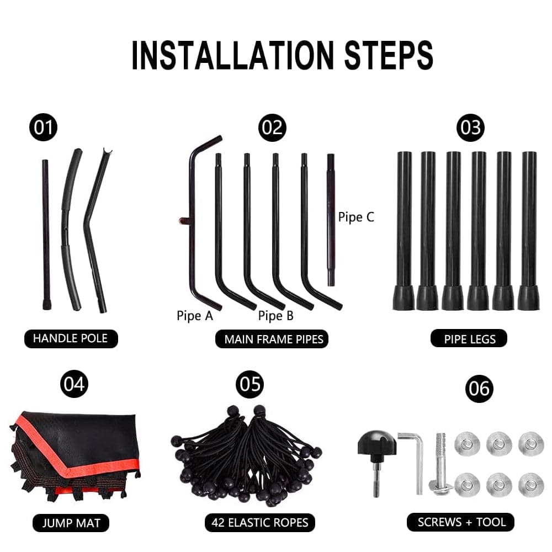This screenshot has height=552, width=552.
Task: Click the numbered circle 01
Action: (43, 127)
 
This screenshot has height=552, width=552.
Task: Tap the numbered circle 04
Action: (74, 384)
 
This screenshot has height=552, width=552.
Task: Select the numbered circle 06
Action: (479, 389)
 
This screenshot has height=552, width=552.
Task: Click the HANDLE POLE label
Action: (71, 339)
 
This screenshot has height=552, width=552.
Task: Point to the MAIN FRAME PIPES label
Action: (272, 339)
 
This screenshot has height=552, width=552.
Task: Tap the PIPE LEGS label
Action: (469, 339)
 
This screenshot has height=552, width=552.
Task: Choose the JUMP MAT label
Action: (71, 523)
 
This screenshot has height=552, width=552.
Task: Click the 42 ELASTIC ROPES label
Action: (260, 522)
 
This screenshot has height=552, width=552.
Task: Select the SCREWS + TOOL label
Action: (460, 522)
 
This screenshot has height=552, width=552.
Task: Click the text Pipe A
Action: (195, 316)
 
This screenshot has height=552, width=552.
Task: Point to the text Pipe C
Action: (356, 217)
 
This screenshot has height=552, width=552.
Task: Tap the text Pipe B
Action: (275, 316)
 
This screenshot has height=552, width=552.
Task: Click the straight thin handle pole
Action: (46, 235)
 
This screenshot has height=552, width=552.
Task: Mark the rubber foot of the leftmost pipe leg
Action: (404, 298)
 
